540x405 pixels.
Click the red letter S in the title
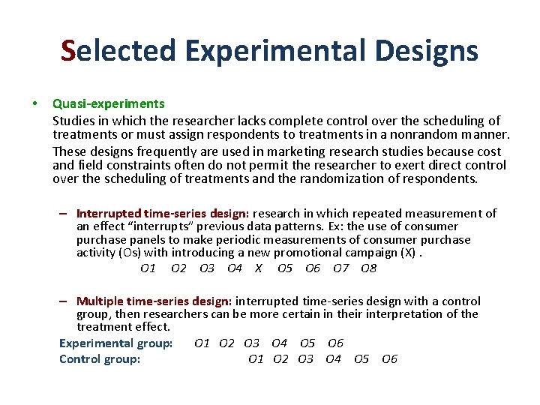click(69, 51)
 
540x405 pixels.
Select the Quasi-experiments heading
click(108, 103)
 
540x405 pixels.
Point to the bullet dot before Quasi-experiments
click(33, 103)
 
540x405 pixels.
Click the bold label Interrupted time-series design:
click(164, 213)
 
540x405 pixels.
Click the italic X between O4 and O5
click(259, 268)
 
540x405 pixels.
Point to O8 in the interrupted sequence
click(368, 268)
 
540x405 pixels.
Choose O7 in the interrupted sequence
click(341, 268)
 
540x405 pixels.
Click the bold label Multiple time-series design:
click(154, 301)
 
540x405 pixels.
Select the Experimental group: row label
click(115, 343)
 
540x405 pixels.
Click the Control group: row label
click(100, 359)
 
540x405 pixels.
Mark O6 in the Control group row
click(389, 359)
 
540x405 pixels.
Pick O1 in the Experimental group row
click(202, 343)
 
